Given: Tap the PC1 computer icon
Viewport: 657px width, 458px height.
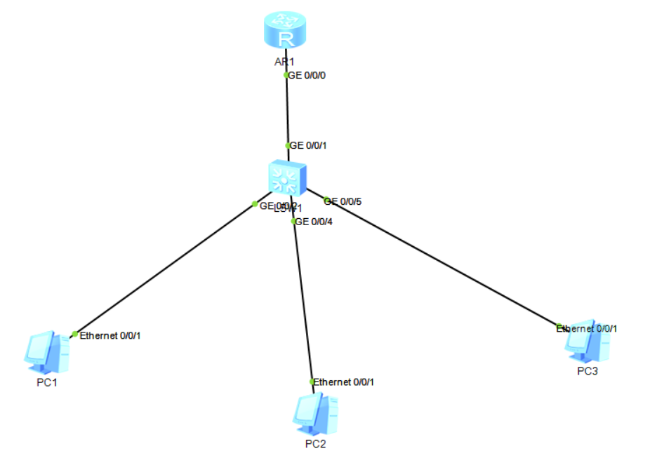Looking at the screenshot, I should coord(48,352).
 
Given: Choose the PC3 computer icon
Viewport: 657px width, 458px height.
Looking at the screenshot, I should coord(588,343).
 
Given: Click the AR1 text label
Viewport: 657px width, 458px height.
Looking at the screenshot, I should coord(284,62).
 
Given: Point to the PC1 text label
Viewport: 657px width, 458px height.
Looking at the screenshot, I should coord(46,382).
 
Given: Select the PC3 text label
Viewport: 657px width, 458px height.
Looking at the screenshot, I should coord(588,371).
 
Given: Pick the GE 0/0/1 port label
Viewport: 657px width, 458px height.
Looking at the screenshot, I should coord(309,146).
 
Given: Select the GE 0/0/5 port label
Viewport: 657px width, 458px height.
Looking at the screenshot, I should coord(345,202).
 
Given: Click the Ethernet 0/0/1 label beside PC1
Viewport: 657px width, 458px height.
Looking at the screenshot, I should coord(110,336).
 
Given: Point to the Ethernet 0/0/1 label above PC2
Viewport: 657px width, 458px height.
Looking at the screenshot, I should coord(344,382).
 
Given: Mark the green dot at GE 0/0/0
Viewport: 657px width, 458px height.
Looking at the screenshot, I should coord(286,74).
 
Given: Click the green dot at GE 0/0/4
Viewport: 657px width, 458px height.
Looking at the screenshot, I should coord(294,221).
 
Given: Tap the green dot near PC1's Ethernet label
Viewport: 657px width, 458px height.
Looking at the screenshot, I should coord(75,334).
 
